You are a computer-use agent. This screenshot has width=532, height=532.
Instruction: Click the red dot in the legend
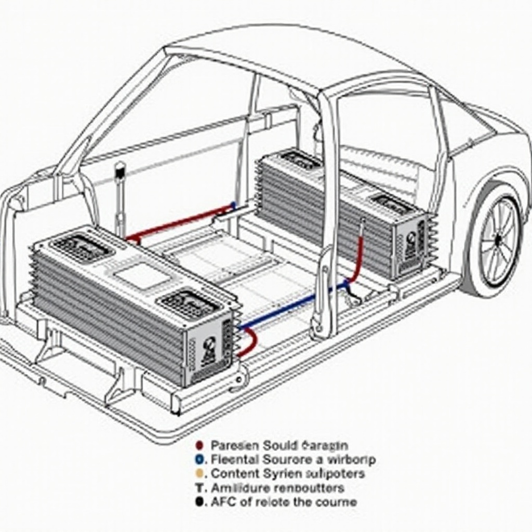tap(198, 445)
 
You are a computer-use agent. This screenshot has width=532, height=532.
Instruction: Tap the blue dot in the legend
tap(198, 459)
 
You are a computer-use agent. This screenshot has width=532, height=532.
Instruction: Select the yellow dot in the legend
tap(198, 473)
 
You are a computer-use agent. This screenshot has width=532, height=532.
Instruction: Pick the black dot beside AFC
tap(198, 502)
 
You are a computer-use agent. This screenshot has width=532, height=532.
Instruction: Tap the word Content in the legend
tap(234, 473)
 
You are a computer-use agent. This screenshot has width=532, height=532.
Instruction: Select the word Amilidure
tap(237, 488)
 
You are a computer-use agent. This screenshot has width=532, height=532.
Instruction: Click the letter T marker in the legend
tap(198, 488)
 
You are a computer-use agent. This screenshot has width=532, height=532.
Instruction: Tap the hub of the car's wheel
tap(497, 240)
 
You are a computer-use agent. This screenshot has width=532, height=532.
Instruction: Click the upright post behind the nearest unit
tap(120, 197)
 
